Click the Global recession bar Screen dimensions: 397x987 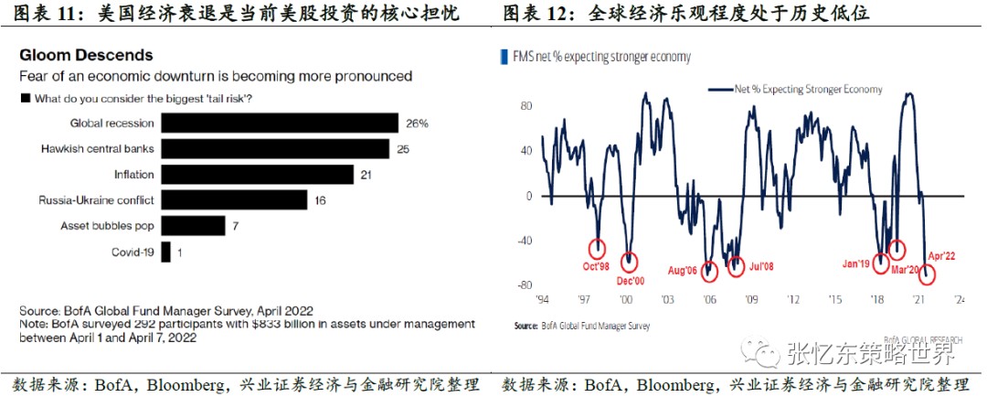tap(280, 123)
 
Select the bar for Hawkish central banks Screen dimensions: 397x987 tap(275, 148)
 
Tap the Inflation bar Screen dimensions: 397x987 tap(257, 174)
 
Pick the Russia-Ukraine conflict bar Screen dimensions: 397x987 tap(234, 199)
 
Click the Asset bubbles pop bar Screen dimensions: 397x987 tap(193, 225)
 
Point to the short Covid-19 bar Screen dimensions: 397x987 tap(165, 251)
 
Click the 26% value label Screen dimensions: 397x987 tap(418, 123)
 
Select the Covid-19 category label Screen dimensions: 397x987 tap(133, 251)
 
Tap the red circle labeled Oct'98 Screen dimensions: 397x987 tap(598, 248)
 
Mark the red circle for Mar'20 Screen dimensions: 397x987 tap(897, 249)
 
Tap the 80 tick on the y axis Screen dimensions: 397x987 tap(525, 105)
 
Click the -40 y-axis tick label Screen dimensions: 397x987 tap(523, 241)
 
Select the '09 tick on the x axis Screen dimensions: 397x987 tap(750, 300)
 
